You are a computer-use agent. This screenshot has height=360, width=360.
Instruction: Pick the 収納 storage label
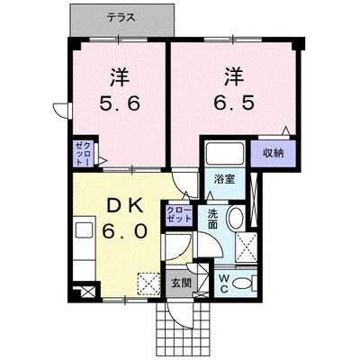pos(274,154)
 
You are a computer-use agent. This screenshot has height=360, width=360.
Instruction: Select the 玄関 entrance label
pos(181,283)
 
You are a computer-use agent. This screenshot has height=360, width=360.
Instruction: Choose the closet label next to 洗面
pos(178,214)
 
